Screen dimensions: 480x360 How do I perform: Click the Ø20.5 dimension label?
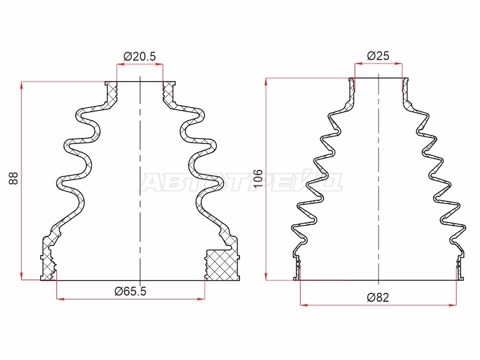coord(140,56)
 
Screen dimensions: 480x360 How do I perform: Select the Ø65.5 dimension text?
coord(130,291)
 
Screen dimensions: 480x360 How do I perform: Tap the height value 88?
coord(13,178)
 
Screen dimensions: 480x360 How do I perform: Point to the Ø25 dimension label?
coord(378,56)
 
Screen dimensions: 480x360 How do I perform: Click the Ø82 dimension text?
coord(378,297)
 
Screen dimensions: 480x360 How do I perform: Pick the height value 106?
coord(258,178)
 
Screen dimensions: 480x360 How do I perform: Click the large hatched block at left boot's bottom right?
coord(222,265)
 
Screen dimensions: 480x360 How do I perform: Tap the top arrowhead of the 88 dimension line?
coord(22,85)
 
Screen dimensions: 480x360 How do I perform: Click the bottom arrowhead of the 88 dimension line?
coord(22,276)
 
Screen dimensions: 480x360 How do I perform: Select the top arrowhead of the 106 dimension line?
coord(266,82)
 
